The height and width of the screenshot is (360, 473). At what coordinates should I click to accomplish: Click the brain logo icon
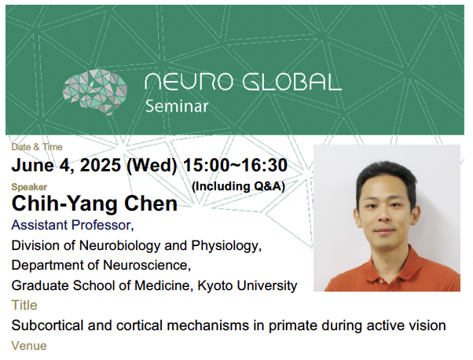pos(95,92)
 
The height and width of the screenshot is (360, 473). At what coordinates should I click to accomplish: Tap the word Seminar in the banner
pos(177,107)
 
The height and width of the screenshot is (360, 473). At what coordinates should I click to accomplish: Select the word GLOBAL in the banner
pos(292,82)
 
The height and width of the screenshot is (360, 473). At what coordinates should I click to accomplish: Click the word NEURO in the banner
pos(189,82)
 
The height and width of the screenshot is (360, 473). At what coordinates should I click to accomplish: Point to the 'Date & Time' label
pos(37,147)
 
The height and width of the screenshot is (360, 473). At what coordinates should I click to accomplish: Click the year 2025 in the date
pos(100,165)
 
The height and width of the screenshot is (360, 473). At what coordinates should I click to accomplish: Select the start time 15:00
pos(205,165)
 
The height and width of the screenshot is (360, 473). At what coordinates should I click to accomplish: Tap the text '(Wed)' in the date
pos(152,166)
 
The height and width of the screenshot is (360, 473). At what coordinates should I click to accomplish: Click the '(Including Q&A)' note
pos(238,186)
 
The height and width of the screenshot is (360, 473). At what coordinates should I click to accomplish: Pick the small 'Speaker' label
pos(29,187)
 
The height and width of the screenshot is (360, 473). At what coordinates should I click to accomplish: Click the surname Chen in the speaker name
pos(151,204)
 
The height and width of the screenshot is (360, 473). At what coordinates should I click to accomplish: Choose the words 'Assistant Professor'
pos(71,225)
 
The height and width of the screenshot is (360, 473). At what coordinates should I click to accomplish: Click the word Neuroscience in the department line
pos(145,265)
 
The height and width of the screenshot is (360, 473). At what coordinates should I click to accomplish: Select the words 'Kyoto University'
pos(247,285)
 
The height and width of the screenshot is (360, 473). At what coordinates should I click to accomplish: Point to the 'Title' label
pos(24,306)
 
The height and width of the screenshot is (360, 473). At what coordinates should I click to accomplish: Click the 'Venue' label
pos(29,346)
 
